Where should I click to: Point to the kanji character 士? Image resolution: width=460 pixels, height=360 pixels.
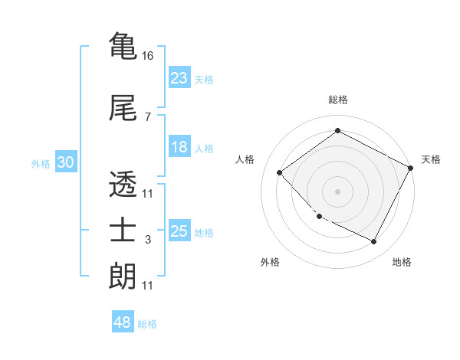tap(123, 231)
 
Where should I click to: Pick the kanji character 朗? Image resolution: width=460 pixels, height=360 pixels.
tap(123, 277)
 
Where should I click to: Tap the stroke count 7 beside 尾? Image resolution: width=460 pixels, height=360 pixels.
tap(148, 117)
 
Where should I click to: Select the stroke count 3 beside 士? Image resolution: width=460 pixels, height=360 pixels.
tap(148, 241)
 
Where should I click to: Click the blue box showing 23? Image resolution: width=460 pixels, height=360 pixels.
tap(179, 78)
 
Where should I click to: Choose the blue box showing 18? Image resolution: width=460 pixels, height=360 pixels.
tap(179, 147)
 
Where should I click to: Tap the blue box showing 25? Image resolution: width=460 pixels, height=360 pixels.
tap(179, 231)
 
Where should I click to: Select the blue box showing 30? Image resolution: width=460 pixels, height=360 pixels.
tap(65, 162)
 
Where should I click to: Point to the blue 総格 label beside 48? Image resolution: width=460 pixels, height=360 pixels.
tap(147, 324)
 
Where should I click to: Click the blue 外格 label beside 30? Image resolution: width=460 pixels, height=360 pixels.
tap(41, 164)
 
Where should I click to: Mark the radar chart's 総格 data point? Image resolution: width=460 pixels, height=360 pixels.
tap(337, 131)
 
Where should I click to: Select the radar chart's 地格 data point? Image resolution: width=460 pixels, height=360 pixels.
tap(374, 242)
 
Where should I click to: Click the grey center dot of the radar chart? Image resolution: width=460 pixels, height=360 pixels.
tap(337, 191)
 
